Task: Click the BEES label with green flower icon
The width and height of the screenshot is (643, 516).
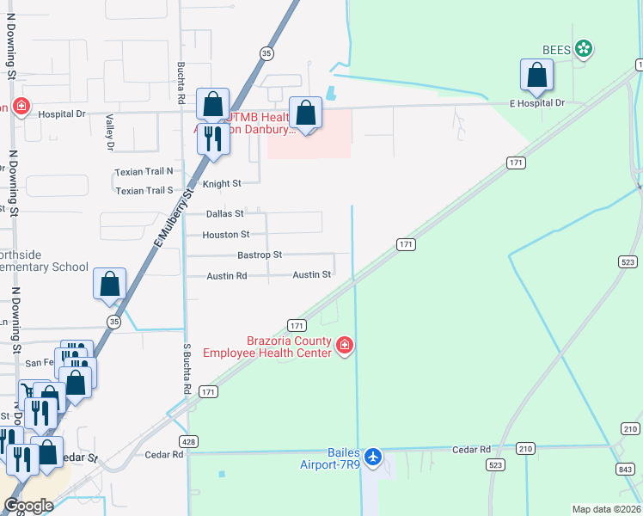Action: tap(568, 49)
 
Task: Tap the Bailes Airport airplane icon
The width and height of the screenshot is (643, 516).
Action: tap(373, 455)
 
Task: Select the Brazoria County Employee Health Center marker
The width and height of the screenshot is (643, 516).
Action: tap(344, 346)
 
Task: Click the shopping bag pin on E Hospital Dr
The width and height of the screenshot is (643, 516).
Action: tap(536, 77)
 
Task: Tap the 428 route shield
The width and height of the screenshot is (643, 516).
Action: tap(190, 441)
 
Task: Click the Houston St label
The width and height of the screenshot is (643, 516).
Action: tap(225, 235)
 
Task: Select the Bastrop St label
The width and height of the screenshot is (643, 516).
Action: tap(260, 255)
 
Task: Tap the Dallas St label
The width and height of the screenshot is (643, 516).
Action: tap(225, 213)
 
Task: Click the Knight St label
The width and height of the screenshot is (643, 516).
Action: tap(221, 183)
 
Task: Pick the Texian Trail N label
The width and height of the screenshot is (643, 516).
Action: tap(144, 172)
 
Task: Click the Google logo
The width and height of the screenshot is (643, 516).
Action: tap(28, 506)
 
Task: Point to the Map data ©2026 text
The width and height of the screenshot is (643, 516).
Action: tap(606, 509)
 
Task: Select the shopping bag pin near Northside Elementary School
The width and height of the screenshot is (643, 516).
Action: tap(110, 286)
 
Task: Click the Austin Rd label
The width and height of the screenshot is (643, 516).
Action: tap(227, 276)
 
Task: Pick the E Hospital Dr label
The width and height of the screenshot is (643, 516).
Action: tap(536, 103)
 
